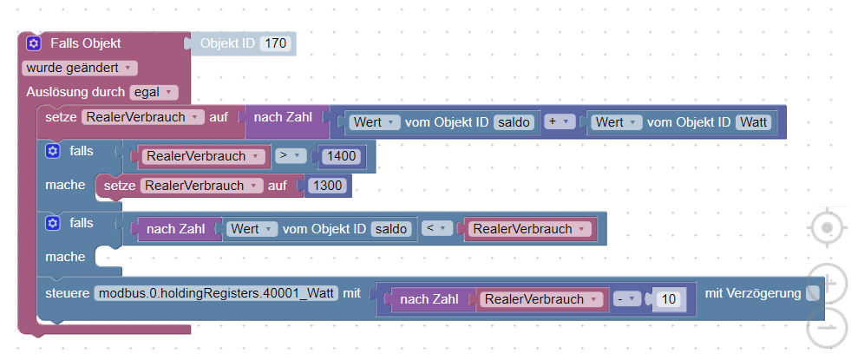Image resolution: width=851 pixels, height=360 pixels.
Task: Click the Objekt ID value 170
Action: coord(276,43)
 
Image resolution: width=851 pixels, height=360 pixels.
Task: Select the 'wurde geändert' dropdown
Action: coord(79,69)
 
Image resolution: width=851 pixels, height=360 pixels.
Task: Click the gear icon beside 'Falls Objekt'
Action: coord(34,43)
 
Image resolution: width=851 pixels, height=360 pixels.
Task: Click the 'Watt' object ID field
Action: coord(753,122)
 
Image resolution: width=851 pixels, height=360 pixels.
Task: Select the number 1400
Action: coord(342,156)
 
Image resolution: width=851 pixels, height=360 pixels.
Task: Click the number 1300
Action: coord(328,186)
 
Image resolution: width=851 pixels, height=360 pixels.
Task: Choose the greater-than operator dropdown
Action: coord(291,156)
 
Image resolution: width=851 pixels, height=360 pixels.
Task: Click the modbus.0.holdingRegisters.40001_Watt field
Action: coord(216,294)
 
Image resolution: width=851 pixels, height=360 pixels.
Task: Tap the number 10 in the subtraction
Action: coord(669,299)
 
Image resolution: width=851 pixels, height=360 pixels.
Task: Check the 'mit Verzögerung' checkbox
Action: coord(813,294)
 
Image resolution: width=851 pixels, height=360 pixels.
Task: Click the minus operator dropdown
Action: coord(627,299)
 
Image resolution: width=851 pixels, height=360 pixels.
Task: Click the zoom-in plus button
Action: coord(828,281)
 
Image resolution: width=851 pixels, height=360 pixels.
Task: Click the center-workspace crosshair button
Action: coord(828,228)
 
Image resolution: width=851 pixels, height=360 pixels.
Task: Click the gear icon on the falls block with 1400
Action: coord(52,152)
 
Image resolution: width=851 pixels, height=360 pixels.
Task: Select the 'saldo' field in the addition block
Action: coord(514,122)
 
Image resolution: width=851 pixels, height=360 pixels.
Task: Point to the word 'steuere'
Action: coord(68,294)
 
